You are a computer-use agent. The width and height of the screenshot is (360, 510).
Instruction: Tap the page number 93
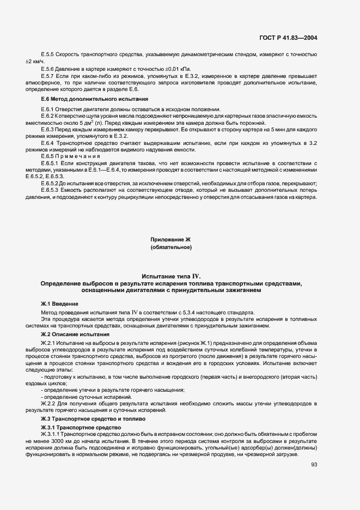pos(314,464)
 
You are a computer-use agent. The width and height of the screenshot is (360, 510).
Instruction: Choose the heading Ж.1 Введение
pos(59,303)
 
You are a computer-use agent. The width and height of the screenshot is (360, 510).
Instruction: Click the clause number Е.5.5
pos(47,55)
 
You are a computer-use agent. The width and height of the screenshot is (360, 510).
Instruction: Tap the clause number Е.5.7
pos(47,76)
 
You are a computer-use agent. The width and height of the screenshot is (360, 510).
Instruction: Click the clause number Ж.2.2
pos(48,404)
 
